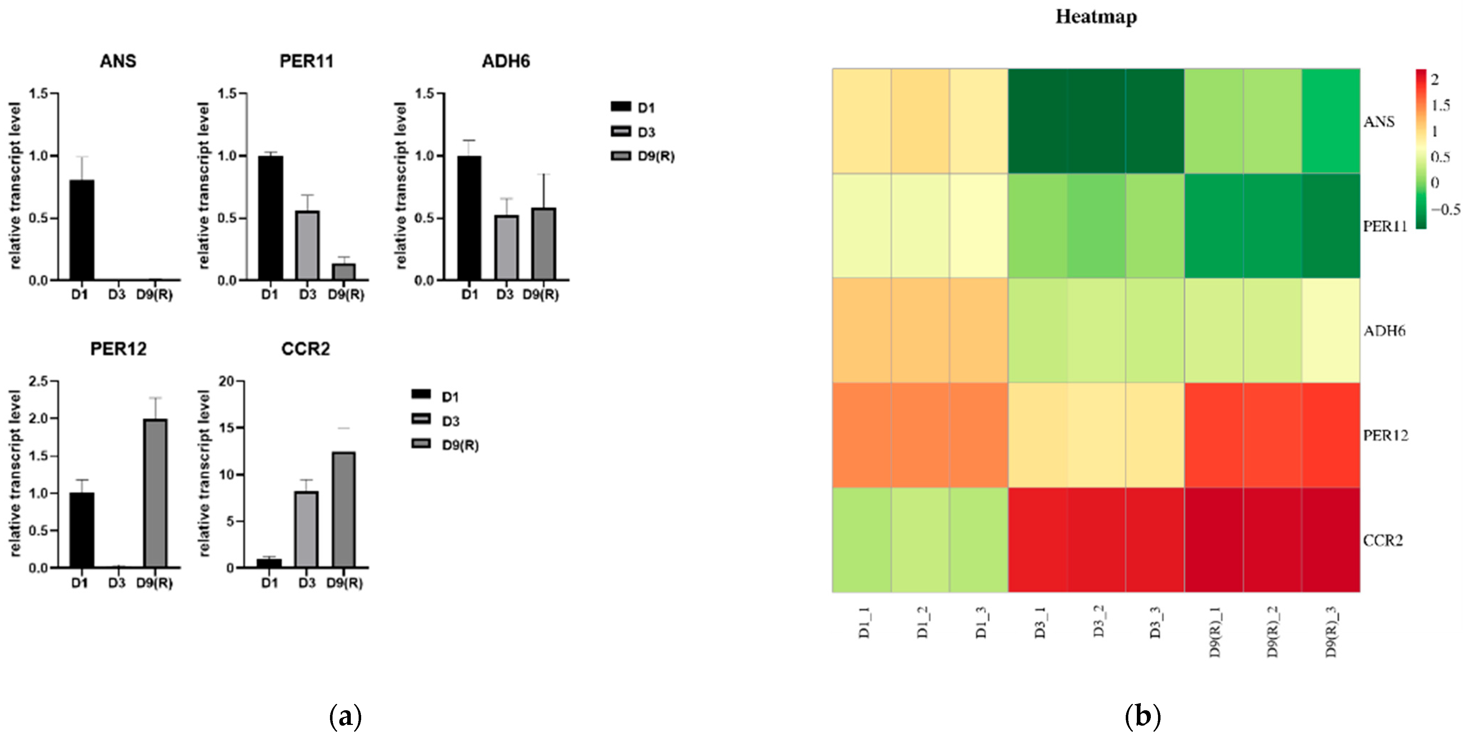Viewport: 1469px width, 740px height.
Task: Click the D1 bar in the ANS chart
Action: pos(82,230)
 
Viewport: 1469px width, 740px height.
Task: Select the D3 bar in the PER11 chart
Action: pos(307,245)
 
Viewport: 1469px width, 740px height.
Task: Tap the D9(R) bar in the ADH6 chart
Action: pos(544,244)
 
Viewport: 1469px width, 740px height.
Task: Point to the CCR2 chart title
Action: pos(306,348)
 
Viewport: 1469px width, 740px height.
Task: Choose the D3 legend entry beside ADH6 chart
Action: pos(646,132)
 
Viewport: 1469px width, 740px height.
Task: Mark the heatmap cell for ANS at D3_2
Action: pos(1095,121)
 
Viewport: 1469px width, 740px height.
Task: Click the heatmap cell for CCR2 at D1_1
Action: pos(862,540)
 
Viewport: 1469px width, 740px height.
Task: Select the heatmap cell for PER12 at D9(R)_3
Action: pos(1330,435)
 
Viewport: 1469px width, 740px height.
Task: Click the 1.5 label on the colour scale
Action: pos(1440,105)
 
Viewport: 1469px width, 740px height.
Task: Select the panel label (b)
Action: pos(1142,716)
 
